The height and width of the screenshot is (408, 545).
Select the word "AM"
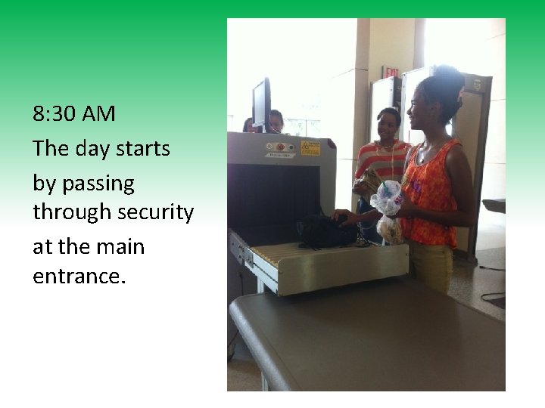[98, 114]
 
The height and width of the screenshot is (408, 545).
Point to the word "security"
[156, 213]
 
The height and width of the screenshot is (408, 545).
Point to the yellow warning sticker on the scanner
[310, 147]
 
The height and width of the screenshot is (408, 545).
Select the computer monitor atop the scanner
[262, 104]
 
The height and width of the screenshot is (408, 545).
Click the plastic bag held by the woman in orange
[387, 198]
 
